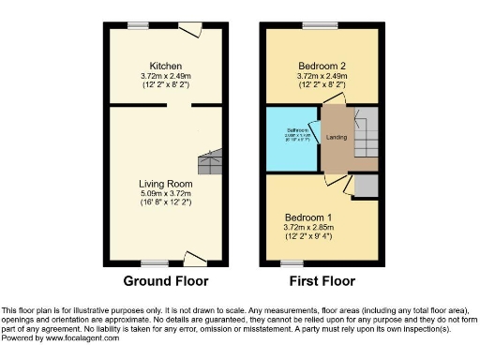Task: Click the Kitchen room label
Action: click(166, 66)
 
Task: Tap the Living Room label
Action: click(166, 183)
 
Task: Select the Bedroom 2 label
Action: click(322, 66)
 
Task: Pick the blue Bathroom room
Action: click(292, 140)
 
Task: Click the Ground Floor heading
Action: click(166, 280)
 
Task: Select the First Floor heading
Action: click(322, 280)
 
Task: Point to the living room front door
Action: click(195, 257)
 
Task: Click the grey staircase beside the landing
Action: click(364, 137)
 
